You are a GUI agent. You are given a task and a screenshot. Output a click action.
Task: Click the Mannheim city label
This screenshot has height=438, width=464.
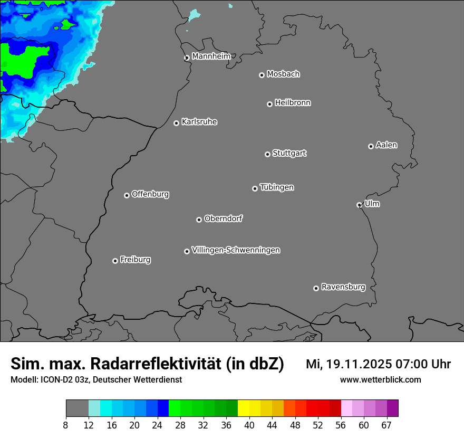211,56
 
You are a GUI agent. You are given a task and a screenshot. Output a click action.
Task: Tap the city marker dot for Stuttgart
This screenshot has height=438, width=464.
267,154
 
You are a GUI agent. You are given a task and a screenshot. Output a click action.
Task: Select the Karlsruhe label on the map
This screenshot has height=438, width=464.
199,122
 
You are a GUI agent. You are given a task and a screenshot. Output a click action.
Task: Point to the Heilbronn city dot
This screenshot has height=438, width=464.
269,104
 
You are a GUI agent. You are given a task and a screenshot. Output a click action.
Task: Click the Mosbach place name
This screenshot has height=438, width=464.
283,74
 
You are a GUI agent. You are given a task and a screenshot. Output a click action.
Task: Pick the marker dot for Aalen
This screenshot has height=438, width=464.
371,146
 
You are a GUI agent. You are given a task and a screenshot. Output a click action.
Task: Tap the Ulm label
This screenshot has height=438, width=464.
372,204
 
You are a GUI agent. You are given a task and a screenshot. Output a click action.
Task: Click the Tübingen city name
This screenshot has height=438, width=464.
277,187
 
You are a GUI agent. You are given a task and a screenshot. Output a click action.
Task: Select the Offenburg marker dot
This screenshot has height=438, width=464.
127,195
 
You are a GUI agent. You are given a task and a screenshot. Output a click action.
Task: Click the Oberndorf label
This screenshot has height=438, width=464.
224,218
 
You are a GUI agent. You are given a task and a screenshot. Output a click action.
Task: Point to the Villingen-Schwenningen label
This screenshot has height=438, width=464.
236,250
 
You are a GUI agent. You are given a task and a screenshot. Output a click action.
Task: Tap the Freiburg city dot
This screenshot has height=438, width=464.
115,261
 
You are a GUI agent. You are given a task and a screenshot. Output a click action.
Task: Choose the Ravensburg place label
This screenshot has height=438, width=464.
343,287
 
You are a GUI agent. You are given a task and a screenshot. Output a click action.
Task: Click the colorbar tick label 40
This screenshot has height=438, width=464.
249,425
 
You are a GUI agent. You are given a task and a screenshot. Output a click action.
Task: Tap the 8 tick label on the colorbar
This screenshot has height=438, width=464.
66,425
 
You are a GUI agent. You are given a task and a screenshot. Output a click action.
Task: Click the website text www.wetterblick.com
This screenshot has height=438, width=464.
380,380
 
